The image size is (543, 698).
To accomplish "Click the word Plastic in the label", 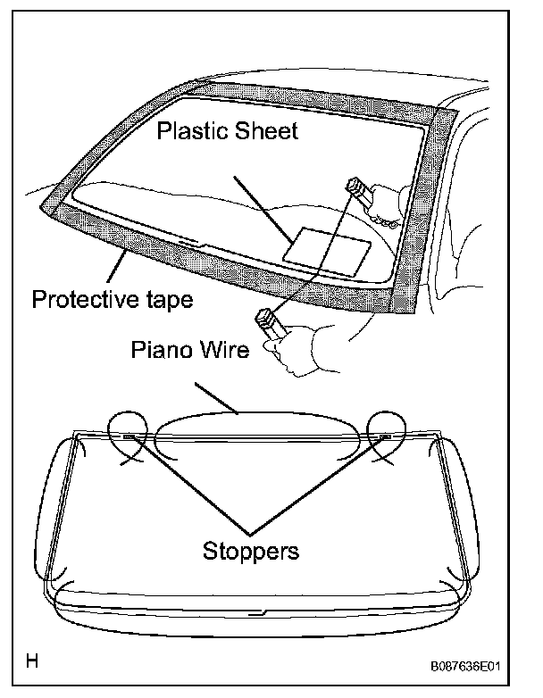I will point(190,132).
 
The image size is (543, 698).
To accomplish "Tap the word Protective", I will point(83,299).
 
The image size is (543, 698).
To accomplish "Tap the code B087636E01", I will point(477,665).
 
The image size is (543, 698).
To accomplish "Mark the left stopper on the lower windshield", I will point(131,436).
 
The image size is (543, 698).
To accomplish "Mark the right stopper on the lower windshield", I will point(383,436).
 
